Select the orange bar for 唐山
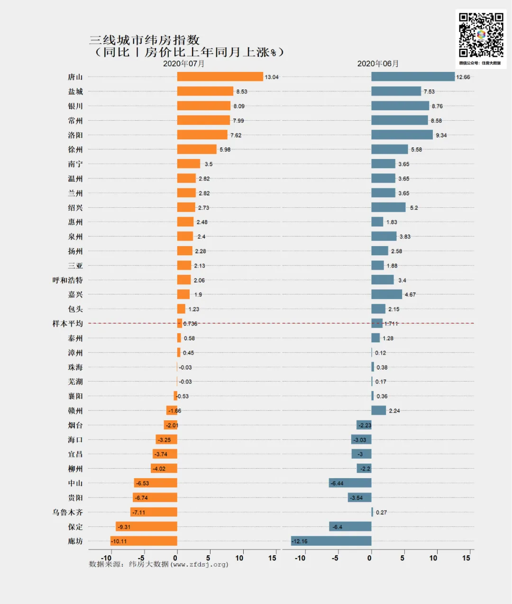pos(220,77)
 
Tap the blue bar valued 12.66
pos(412,77)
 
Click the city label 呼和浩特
pos(67,280)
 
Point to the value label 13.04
pos(272,77)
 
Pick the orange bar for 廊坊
pos(144,541)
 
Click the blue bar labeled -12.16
pos(331,541)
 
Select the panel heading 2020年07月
pos(184,63)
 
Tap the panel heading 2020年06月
pos(378,63)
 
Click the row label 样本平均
pos(67,324)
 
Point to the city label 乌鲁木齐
pos(67,512)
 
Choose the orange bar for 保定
pos(146,526)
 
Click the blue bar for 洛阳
pos(402,135)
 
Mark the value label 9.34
pos(441,135)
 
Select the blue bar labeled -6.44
pos(350,483)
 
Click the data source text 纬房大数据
pos(149,564)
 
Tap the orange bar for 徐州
pos(197,150)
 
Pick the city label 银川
pos(75,106)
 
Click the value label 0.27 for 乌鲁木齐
pos(381,513)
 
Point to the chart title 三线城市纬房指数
pos(145,40)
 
